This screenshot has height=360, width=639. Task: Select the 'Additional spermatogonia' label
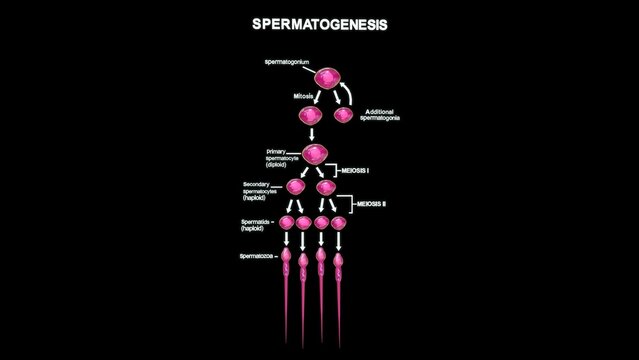(384, 114)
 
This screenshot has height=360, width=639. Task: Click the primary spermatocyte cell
(316, 154)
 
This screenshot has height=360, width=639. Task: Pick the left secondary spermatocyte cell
(297, 187)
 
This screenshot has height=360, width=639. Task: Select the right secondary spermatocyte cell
(326, 187)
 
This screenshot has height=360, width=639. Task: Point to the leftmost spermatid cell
(287, 222)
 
